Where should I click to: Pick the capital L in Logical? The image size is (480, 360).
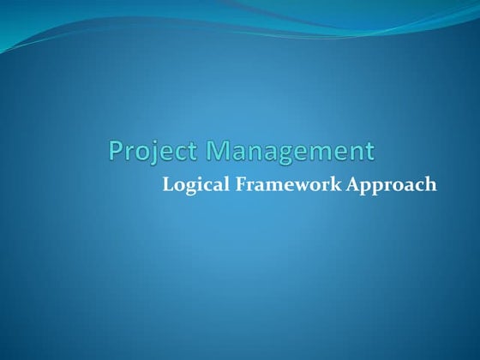tap(168, 183)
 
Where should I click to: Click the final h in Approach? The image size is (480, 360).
tap(430, 183)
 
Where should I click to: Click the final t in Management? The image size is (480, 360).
tap(369, 152)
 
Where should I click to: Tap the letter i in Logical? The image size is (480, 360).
tap(198, 183)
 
